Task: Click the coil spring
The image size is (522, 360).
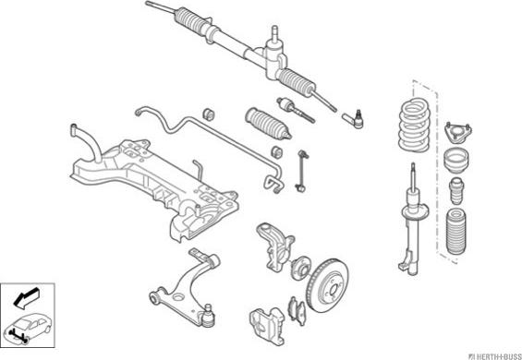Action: click(x=414, y=126)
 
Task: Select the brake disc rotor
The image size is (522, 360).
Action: click(x=328, y=285)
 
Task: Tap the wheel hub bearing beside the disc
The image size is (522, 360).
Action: click(x=300, y=268)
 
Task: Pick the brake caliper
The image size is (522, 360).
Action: click(x=267, y=325)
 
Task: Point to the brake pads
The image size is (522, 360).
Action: click(x=297, y=311)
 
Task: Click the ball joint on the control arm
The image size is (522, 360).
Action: click(x=208, y=315)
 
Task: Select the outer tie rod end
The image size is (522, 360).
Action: click(x=353, y=119)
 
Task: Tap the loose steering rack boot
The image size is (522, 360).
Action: click(x=268, y=123)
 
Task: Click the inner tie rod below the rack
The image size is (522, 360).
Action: click(x=296, y=110)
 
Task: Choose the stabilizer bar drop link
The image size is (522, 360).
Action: click(x=302, y=171)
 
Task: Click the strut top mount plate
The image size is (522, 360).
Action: click(x=459, y=132)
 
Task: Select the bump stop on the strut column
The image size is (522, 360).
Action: click(x=456, y=191)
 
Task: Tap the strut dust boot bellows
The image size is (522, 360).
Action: click(x=455, y=232)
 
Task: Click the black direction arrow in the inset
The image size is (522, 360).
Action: click(x=27, y=297)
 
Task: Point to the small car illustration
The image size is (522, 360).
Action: click(x=28, y=328)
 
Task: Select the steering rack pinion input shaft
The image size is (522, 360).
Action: click(x=274, y=34)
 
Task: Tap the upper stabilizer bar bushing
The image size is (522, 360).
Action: click(x=209, y=114)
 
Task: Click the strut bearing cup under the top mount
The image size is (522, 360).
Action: click(x=456, y=160)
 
